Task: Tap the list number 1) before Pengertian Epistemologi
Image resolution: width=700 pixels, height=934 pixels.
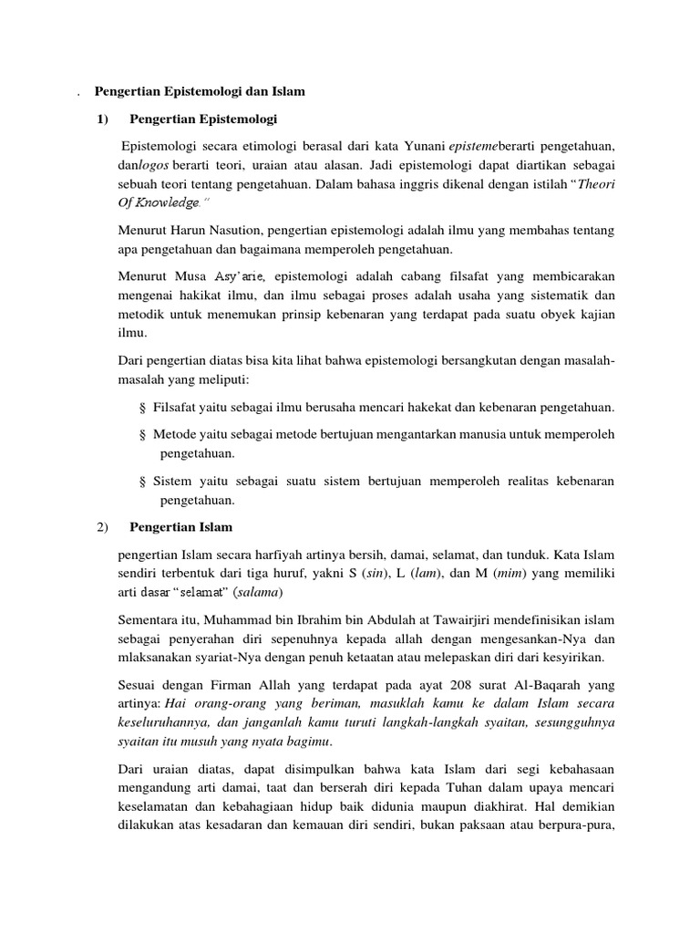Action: pyautogui.click(x=102, y=119)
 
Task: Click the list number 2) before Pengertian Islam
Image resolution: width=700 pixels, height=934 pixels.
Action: pyautogui.click(x=102, y=526)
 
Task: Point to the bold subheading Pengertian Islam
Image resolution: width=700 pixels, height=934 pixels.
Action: pyautogui.click(x=181, y=526)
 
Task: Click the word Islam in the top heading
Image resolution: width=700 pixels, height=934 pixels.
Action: pyautogui.click(x=286, y=91)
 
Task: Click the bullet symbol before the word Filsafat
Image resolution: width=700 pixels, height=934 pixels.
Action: pyautogui.click(x=143, y=407)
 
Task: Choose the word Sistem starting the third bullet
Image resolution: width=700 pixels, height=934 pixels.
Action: pyautogui.click(x=172, y=481)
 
